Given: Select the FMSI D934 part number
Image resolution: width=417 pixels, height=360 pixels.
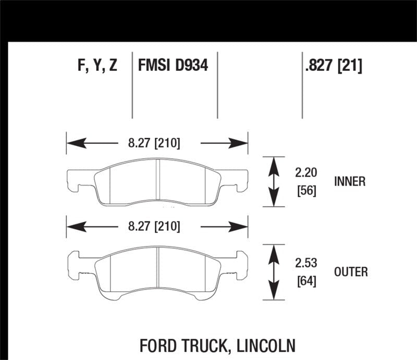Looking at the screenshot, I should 173,67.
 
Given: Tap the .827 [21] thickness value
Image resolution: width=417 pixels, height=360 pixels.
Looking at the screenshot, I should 332,67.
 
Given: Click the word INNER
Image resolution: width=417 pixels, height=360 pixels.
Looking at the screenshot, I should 350,181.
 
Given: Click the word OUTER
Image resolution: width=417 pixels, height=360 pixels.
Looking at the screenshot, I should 351,271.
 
